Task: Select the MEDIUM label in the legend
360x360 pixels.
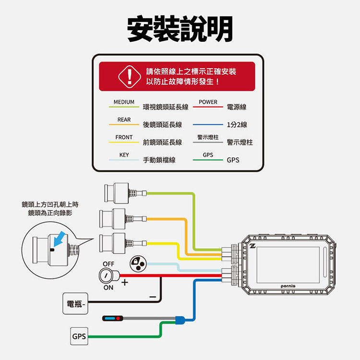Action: pos(124,102)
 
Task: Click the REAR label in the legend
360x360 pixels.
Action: pos(124,120)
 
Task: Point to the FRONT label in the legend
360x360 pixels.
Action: pos(124,137)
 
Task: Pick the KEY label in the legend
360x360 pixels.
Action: pos(124,155)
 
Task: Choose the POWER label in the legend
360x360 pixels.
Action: pos(208,102)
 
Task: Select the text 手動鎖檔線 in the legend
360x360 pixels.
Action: pos(159,160)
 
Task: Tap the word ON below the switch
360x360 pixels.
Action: pos(108,288)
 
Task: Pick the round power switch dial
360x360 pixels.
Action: pos(105,276)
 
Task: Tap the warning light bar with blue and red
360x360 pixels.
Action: pos(113,318)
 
